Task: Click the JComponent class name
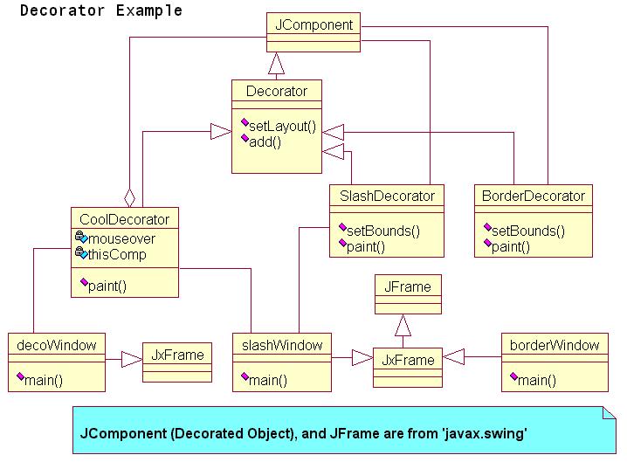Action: (x=313, y=24)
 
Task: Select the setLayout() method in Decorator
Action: (x=282, y=127)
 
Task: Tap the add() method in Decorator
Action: (x=265, y=142)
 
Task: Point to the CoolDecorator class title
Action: (x=124, y=219)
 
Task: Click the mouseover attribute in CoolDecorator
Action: (x=121, y=238)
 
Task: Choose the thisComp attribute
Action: (x=117, y=254)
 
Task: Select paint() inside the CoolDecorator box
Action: (x=107, y=286)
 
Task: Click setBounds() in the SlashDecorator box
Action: (x=383, y=231)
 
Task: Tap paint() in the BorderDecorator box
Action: (x=511, y=247)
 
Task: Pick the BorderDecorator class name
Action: (x=533, y=196)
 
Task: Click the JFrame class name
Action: (x=408, y=286)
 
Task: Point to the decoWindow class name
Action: (x=57, y=345)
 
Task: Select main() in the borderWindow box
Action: (x=537, y=380)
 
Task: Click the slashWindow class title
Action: (x=282, y=345)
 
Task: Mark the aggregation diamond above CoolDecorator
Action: (x=129, y=198)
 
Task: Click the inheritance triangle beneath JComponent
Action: (x=276, y=63)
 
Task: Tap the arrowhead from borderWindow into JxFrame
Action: (x=453, y=356)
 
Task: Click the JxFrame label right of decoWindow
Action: (x=177, y=355)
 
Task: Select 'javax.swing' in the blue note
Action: (x=485, y=433)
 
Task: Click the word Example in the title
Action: (x=148, y=10)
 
